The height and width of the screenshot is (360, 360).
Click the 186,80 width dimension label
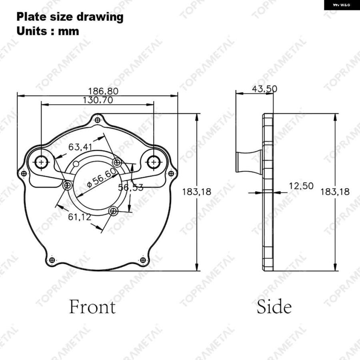(x=103, y=91)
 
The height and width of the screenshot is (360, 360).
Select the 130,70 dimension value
(x=98, y=100)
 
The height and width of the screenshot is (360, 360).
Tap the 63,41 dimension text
(x=80, y=147)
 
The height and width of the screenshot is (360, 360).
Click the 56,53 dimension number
(x=131, y=188)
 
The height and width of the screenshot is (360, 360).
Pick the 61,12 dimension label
(x=80, y=217)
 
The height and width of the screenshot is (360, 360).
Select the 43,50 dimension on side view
(x=264, y=89)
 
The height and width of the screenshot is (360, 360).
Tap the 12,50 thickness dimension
(x=301, y=186)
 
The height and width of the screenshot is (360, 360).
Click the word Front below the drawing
(x=92, y=307)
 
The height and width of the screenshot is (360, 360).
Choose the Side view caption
(x=274, y=307)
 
